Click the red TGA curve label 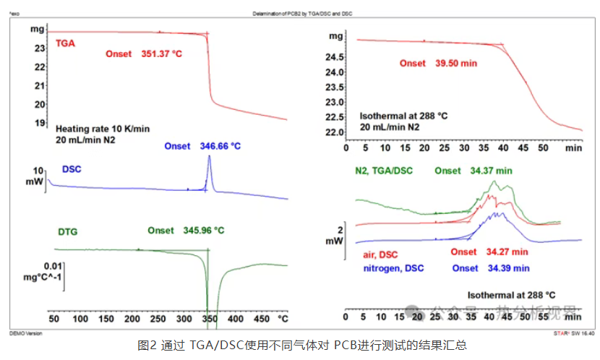point(65,43)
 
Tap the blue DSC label point(72,169)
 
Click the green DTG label point(67,232)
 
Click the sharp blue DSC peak point(209,160)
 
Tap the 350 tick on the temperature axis point(208,318)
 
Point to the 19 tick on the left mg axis point(41,122)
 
